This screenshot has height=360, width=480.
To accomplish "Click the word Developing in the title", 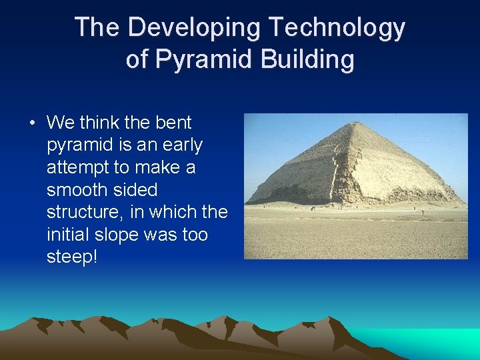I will coord(196,28).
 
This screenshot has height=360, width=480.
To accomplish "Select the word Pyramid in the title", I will coord(207,59).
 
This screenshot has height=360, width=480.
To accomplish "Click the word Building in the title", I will coord(309,59).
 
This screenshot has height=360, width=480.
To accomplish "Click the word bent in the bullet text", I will coord(173,123).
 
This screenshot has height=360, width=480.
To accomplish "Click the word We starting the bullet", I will coord(61,123).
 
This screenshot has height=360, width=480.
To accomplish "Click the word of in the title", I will coord(137,59).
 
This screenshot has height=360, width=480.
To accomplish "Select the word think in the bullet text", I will coord(99,123).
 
